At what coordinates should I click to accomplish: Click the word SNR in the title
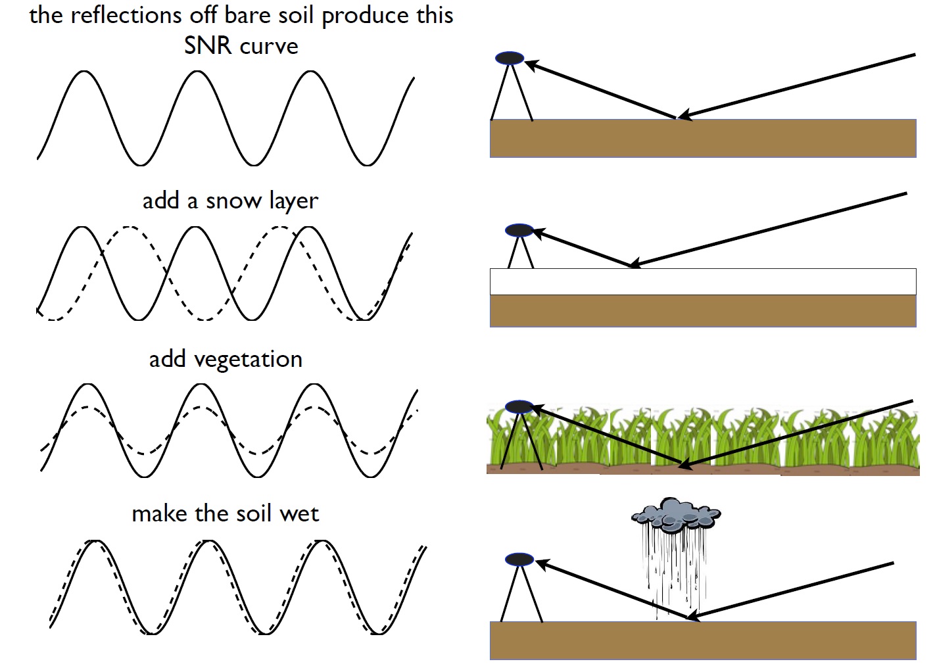point(207,45)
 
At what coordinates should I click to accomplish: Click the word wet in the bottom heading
point(299,514)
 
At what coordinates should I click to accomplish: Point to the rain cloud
point(675,514)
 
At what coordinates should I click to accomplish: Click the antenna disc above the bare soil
point(509,58)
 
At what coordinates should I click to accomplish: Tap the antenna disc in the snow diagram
point(519,230)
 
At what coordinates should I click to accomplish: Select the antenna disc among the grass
point(519,406)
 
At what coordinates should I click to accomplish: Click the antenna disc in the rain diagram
point(519,560)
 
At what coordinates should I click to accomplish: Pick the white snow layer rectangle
point(703,282)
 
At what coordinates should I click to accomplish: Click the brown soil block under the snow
point(703,311)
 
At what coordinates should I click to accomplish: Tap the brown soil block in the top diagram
point(703,138)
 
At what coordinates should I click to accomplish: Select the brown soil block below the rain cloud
point(703,640)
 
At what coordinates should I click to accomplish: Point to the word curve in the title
point(269,47)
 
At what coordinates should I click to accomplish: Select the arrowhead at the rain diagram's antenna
point(544,565)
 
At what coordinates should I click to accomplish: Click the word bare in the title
point(247,15)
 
